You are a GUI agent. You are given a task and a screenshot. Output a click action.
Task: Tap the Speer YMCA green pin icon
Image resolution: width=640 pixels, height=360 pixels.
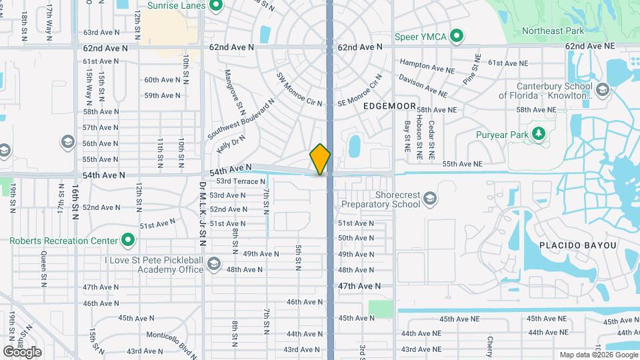(x=456, y=36)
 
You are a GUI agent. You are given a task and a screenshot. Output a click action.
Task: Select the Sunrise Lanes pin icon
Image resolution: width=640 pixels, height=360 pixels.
(x=215, y=6)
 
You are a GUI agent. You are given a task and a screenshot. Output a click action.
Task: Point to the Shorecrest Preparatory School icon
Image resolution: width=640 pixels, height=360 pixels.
(x=431, y=198)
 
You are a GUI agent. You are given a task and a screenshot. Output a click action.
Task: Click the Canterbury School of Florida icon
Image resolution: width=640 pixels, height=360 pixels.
(x=603, y=89)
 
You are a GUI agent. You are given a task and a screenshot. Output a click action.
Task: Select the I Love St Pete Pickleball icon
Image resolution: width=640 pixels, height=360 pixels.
(x=213, y=265)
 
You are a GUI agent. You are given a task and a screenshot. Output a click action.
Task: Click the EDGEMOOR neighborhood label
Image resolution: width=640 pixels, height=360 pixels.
(x=390, y=106)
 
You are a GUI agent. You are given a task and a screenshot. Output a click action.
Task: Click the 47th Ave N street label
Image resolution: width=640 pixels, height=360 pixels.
(x=359, y=285)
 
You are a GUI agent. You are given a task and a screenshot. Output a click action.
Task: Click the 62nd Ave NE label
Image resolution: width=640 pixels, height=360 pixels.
(x=589, y=47)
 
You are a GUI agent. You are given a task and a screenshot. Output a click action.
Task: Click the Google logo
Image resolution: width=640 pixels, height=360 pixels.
(x=22, y=351)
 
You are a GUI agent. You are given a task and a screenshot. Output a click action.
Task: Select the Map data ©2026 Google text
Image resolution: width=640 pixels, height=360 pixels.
(x=599, y=355)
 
